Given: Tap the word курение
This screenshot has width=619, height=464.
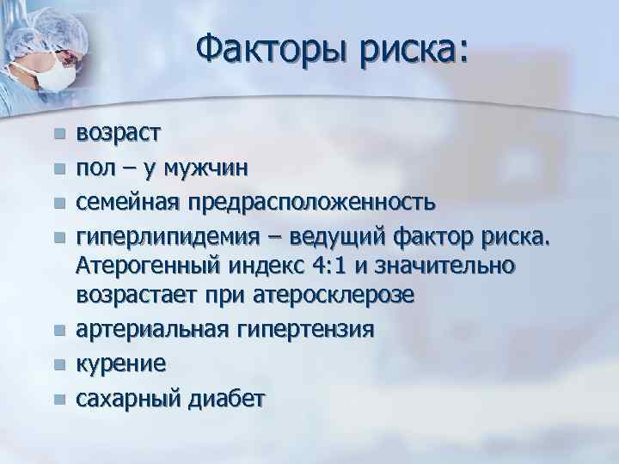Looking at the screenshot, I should (121, 363).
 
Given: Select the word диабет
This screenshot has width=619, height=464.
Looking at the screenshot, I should (230, 398).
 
